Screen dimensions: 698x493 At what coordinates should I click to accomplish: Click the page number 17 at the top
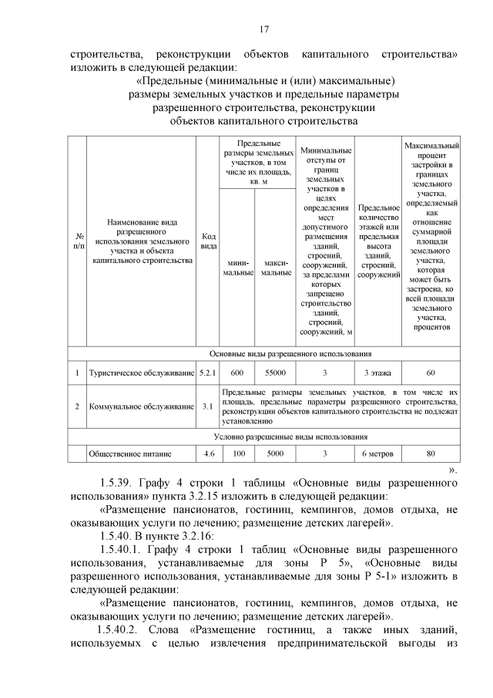point(263,29)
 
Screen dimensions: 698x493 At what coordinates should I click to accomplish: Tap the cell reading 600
point(237,373)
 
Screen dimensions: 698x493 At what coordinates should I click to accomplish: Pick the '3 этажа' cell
point(378,373)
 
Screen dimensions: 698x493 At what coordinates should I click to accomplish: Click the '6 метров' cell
point(378,454)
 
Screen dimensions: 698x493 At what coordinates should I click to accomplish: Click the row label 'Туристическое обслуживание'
point(141,373)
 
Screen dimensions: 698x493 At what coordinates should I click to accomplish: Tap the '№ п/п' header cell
point(77,241)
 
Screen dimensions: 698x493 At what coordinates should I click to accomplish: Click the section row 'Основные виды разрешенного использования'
point(263,354)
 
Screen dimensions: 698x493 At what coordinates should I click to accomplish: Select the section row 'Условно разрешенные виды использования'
point(263,436)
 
